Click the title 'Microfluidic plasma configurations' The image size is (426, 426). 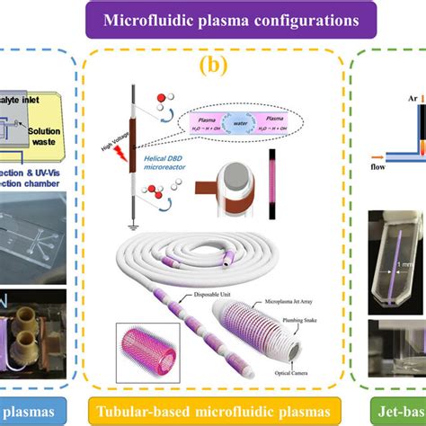pyautogui.click(x=214, y=20)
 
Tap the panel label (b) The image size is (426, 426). pyautogui.click(x=211, y=67)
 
